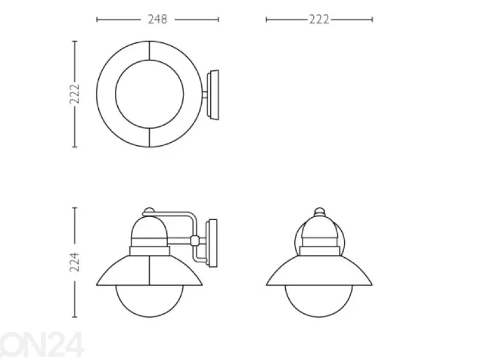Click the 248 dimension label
tap(158, 19)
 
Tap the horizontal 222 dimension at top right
tap(319, 19)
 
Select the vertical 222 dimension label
tap(74, 94)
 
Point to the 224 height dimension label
tap(74, 262)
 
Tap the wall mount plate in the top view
tap(213, 95)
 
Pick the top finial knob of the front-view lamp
tap(319, 211)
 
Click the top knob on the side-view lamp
tap(149, 211)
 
